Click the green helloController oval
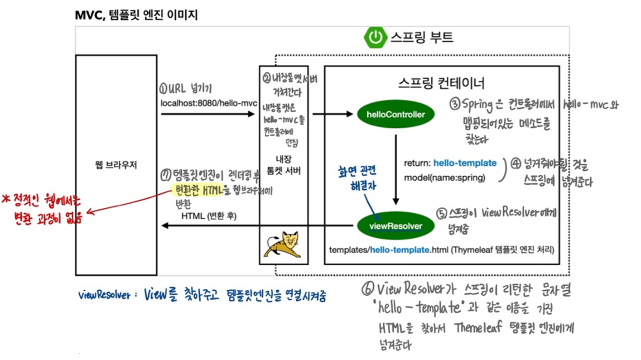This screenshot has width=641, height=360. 396,115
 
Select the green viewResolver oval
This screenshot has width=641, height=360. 396,226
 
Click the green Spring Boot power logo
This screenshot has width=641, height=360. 376,37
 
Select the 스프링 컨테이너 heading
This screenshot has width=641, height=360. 442,83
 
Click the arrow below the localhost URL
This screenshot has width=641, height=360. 208,114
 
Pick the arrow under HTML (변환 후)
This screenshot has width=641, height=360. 256,226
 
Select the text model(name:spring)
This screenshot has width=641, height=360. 444,178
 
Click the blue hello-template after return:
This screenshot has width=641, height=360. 465,163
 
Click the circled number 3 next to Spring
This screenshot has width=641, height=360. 455,105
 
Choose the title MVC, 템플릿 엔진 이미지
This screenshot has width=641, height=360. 136,15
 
